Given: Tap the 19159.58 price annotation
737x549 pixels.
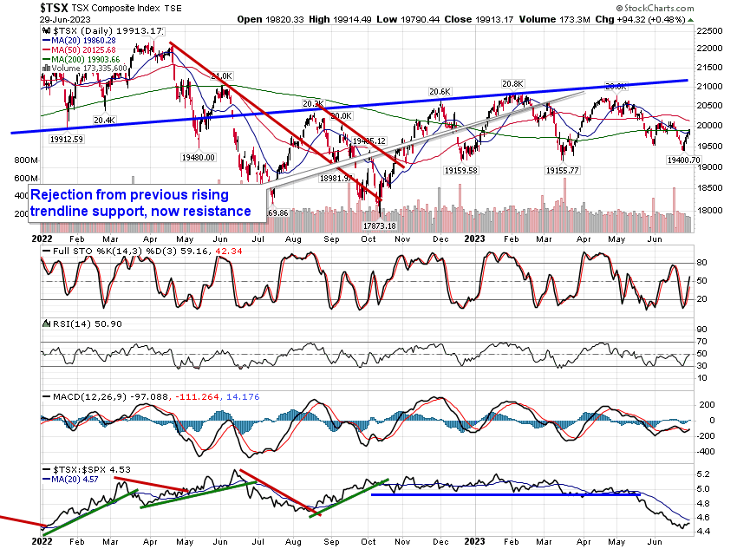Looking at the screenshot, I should [475, 171].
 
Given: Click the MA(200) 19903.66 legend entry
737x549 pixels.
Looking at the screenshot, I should [84, 58].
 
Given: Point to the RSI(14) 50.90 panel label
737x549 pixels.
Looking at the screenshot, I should [74, 322].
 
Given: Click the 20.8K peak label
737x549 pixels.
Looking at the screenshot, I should [514, 84].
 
